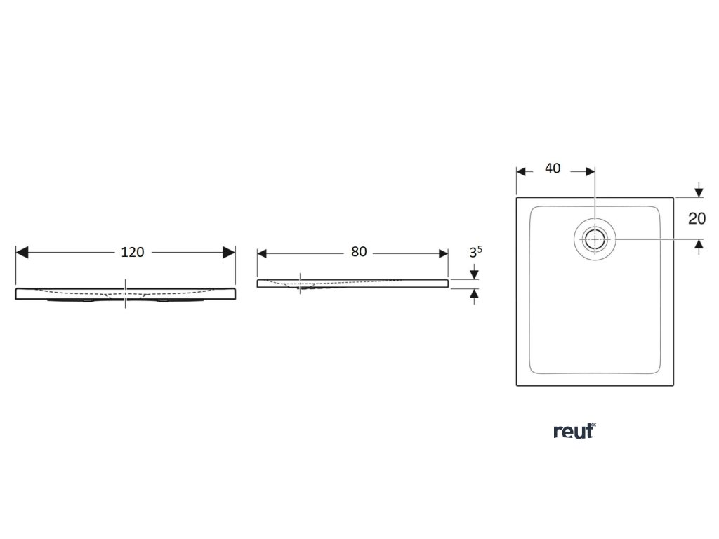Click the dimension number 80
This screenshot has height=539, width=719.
(359, 253)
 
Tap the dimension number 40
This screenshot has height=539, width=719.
(553, 169)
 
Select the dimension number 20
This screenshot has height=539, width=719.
(697, 218)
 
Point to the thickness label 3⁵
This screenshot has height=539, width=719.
(475, 253)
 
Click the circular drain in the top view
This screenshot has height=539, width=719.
(595, 239)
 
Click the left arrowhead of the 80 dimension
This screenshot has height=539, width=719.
(263, 253)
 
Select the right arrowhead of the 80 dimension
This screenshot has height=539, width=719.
(442, 253)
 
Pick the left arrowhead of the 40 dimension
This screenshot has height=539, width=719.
(522, 171)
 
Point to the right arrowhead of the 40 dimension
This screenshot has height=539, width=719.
(590, 171)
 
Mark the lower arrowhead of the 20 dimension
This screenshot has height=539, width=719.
(699, 244)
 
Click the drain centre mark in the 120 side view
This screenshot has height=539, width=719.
(126, 293)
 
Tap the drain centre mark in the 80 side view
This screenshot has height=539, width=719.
(301, 283)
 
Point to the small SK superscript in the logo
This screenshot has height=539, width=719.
(593, 425)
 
